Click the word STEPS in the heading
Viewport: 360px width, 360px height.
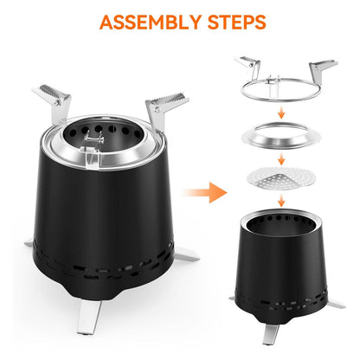click(237, 22)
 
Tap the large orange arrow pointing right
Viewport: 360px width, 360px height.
click(205, 192)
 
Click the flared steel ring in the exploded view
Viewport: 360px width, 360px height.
click(281, 136)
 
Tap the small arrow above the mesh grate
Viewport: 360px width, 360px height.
click(281, 158)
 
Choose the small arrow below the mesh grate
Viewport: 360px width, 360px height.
click(281, 200)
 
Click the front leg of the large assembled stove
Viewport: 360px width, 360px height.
click(89, 317)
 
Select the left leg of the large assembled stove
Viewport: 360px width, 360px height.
click(29, 243)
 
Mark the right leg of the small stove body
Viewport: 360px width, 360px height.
click(336, 304)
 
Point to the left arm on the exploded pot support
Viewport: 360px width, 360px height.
click(248, 66)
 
